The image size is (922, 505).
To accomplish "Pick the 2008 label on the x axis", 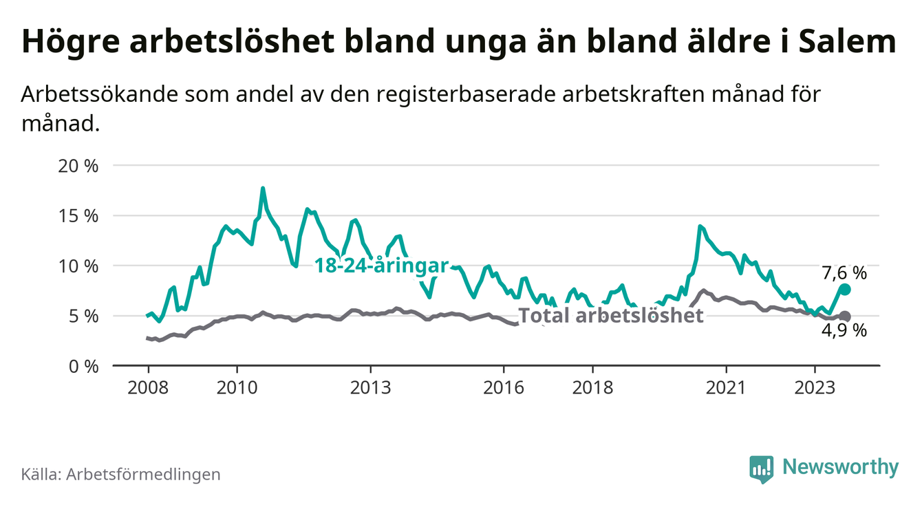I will coord(148,387).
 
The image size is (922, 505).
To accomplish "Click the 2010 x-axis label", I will coord(237,387).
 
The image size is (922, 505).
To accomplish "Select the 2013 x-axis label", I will coord(370,387).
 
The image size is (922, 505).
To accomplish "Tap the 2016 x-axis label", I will coord(504,387).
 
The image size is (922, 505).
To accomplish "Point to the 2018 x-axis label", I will coord(592,387).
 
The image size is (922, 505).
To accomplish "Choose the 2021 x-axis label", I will coord(726,387).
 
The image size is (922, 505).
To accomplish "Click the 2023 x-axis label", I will coord(815,387).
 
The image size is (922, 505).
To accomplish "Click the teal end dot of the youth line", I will coord(845,290).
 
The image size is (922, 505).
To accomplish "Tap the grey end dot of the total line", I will coord(845,316).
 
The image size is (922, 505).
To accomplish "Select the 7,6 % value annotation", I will coord(844,273).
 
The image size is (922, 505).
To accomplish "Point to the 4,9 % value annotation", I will coord(844,331).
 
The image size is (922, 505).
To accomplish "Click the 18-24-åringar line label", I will coord(381,266).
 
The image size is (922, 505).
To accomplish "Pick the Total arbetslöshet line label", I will coord(610,316).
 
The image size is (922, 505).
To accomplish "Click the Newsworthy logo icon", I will coord(761,468).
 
